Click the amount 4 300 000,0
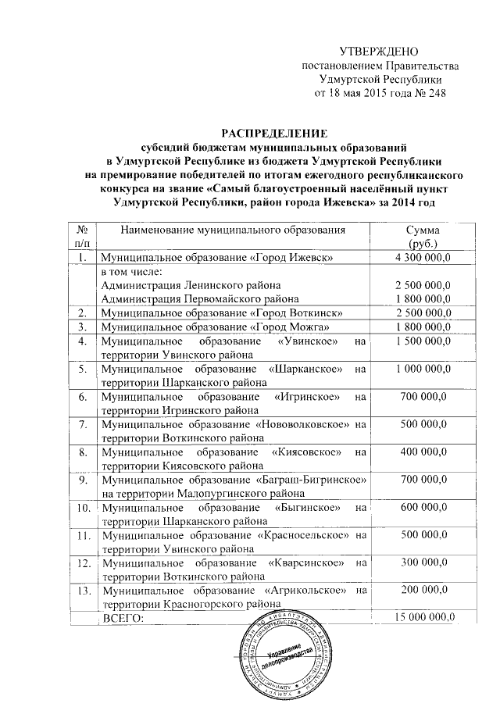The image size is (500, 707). click(423, 257)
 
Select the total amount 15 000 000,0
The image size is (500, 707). click(423, 618)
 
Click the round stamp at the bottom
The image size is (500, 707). click(280, 655)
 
